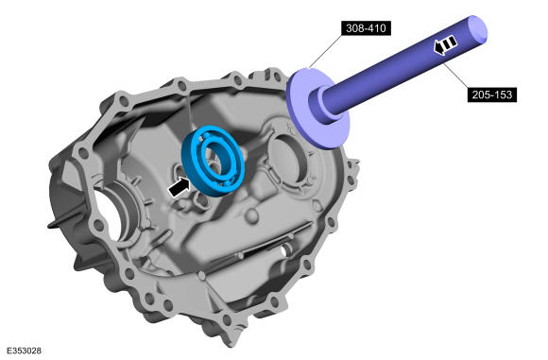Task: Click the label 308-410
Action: (366, 28)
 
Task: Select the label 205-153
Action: (492, 94)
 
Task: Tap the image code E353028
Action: (24, 351)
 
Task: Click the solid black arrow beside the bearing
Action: (179, 187)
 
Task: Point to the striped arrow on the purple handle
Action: (445, 44)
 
